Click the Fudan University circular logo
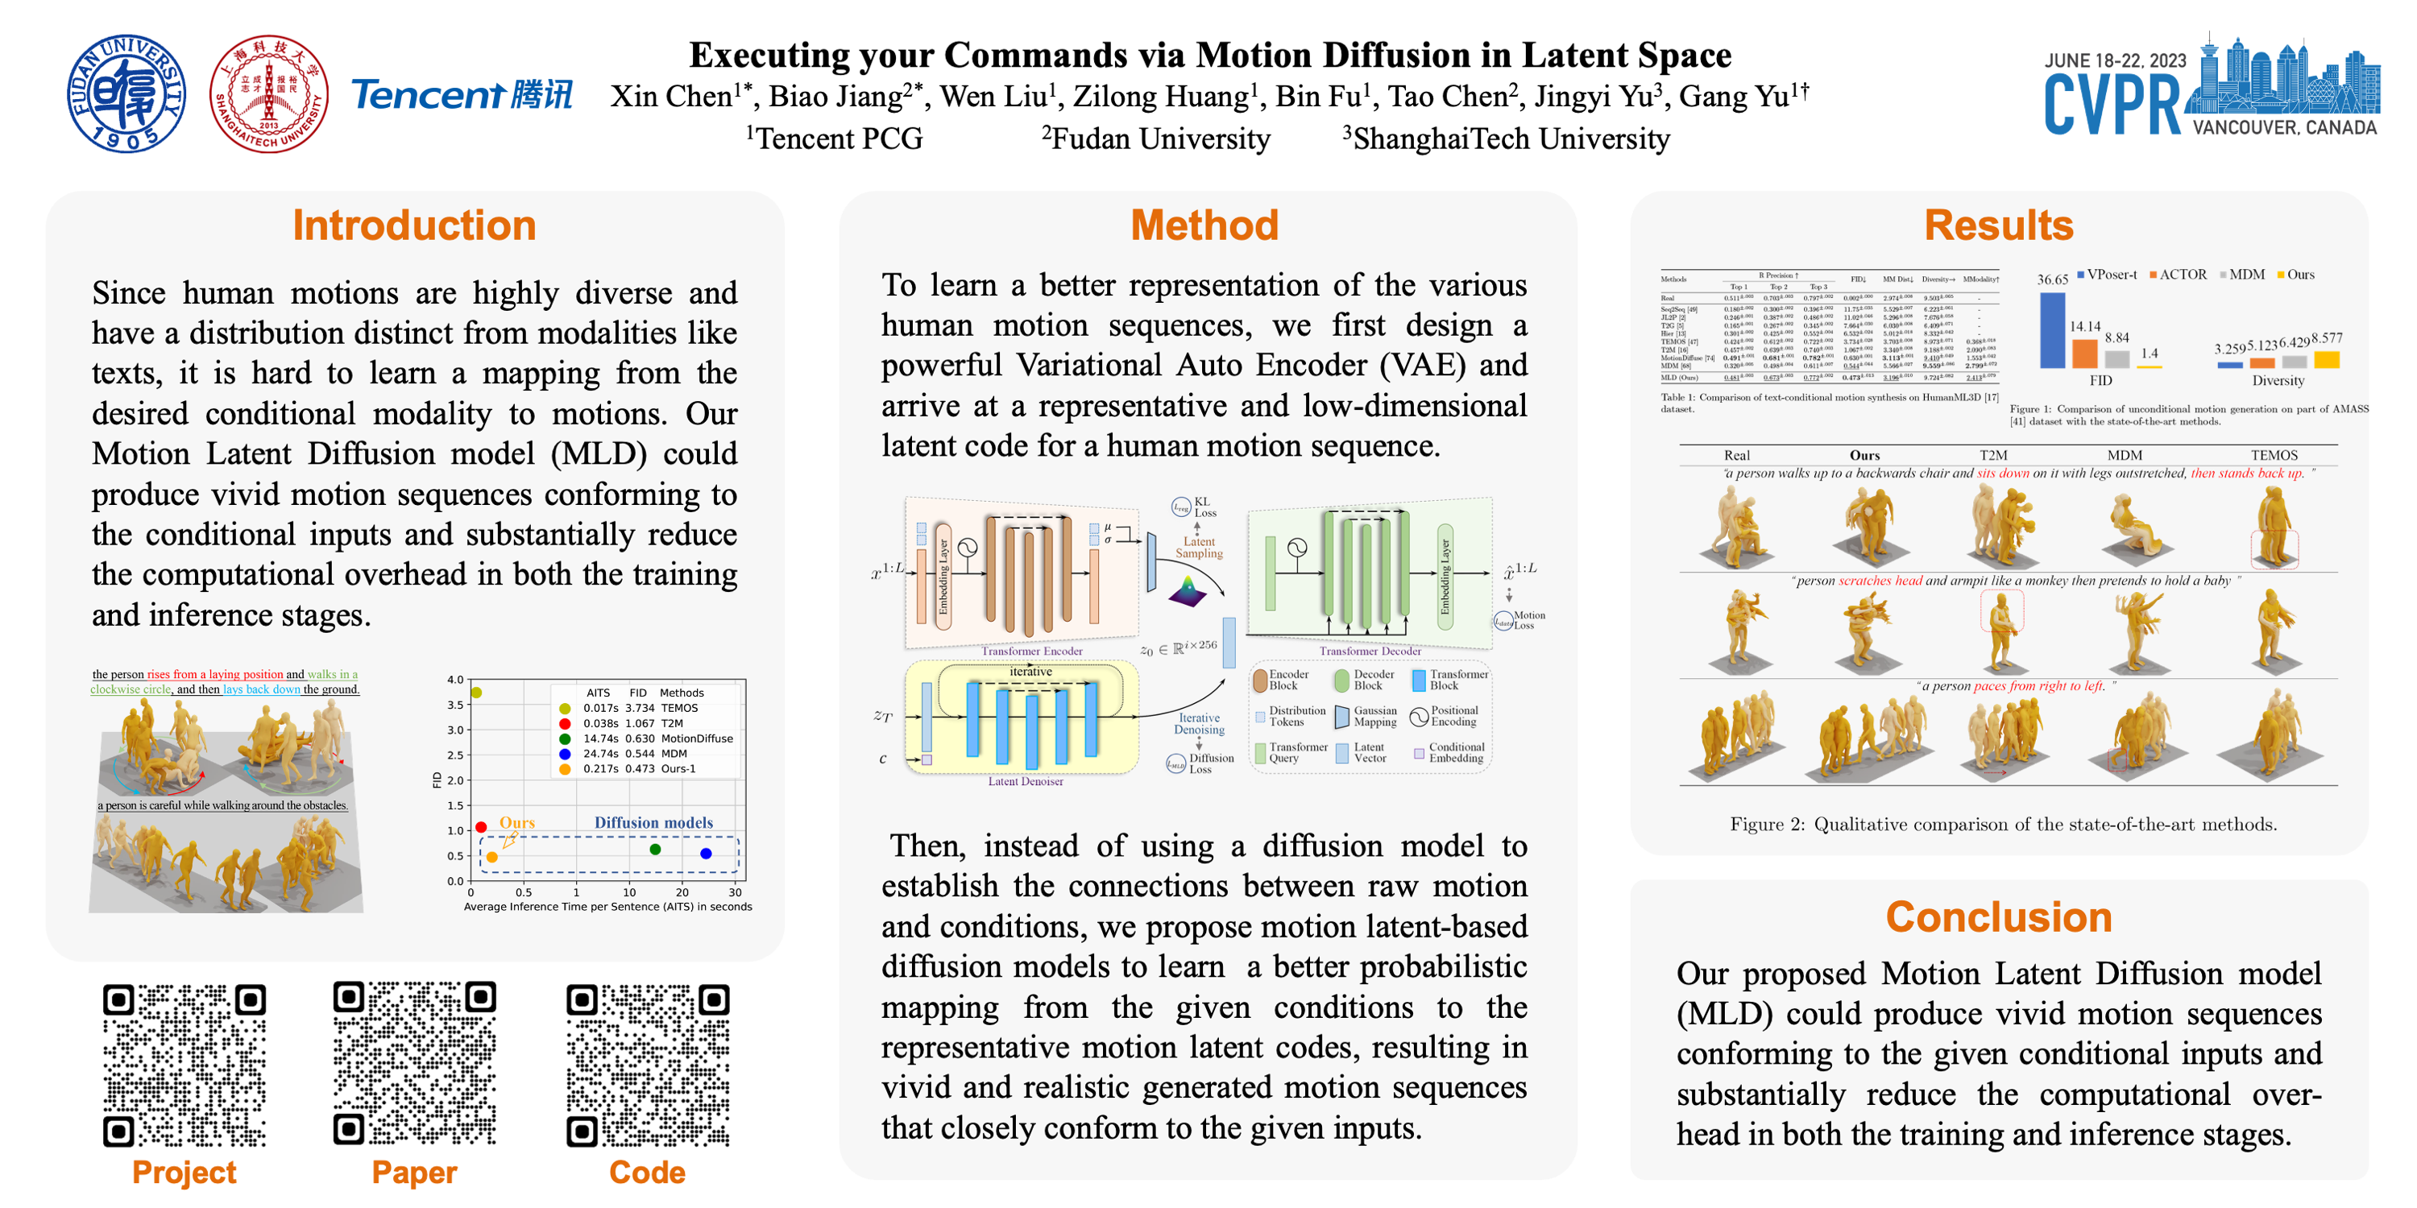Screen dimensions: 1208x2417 [126, 93]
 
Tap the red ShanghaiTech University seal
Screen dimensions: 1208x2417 [269, 93]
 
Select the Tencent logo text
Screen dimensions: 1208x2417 [460, 95]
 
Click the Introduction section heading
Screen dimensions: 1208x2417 [414, 225]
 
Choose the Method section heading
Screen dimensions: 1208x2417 [1204, 225]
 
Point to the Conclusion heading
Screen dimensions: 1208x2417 [1999, 916]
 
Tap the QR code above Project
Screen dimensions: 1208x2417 [184, 1065]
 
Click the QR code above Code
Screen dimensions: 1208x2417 [648, 1065]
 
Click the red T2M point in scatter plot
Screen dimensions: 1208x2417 [481, 826]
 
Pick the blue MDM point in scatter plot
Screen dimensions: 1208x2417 [706, 853]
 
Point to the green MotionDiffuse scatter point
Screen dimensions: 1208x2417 [655, 849]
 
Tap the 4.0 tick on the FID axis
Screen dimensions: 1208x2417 [455, 679]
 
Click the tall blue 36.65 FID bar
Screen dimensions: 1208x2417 [2052, 330]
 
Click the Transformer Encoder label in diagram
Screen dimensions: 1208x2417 [1031, 651]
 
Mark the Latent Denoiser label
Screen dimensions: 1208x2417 [1025, 781]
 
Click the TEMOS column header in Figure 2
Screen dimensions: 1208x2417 [2274, 455]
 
